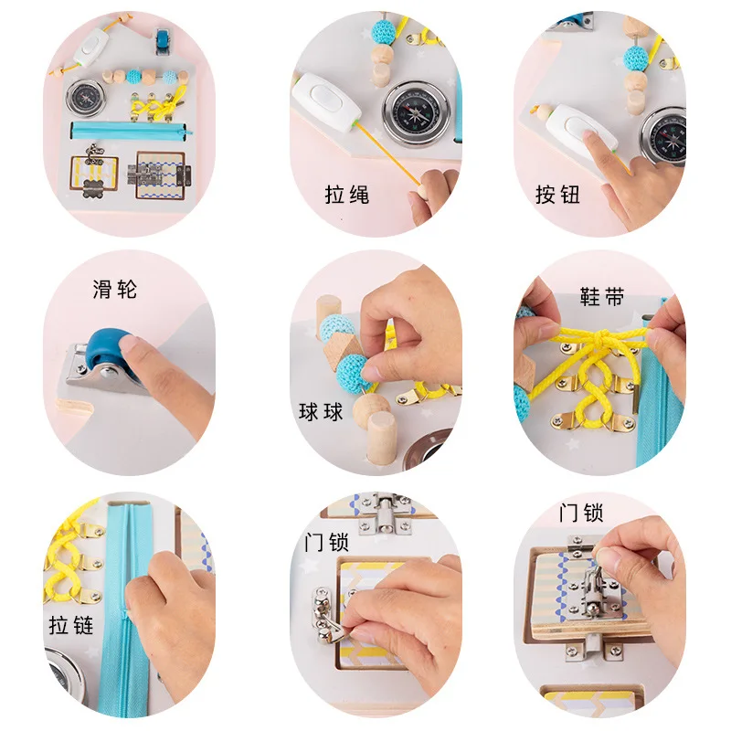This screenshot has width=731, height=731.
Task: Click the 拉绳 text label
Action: (347, 195)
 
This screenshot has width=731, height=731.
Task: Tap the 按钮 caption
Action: (558, 195)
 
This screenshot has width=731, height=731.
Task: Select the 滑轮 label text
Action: (115, 291)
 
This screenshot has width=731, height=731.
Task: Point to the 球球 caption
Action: (321, 412)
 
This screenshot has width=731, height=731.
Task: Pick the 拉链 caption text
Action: (71, 626)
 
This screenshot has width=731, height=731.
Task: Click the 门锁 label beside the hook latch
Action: (326, 542)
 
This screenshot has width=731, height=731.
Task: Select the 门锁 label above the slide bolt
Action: (581, 512)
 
